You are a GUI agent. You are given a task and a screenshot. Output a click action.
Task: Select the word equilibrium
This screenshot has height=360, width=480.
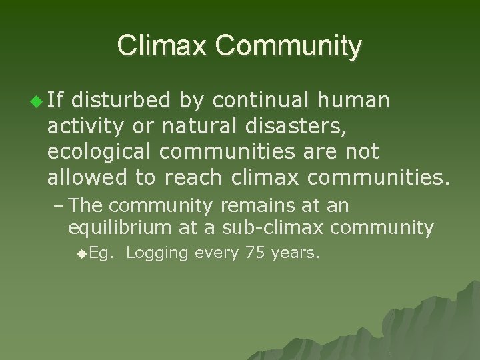click(x=119, y=227)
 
